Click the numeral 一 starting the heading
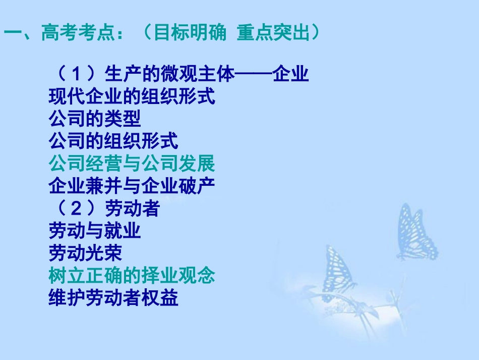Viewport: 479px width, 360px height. coord(13,34)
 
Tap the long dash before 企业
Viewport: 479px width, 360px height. coord(254,75)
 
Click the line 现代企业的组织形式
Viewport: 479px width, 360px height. coord(132,97)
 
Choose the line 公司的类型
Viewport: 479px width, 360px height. coord(94,119)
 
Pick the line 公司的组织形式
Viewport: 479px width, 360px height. coord(113,141)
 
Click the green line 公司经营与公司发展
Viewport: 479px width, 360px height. coord(132,164)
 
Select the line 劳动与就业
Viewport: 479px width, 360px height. coord(94,231)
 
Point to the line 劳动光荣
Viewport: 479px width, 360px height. coord(85,253)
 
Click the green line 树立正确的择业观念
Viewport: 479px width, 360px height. coord(132,276)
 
